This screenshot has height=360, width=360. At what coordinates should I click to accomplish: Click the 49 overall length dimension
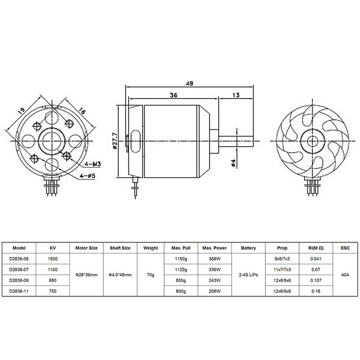coord(189,83)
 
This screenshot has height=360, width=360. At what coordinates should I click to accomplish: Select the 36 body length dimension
coord(173,95)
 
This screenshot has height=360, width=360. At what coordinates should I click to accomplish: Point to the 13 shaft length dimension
coord(236,95)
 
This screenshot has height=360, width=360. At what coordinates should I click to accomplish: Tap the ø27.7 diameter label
coord(115,141)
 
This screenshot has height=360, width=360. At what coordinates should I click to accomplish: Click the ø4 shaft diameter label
coord(233,163)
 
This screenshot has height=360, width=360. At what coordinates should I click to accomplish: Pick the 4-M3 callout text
coord(92,164)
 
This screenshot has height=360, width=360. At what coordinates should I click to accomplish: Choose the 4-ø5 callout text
coord(87,176)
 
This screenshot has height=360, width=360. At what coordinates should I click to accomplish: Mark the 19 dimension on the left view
coord(21,111)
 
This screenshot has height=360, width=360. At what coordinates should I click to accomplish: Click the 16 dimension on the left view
coord(82,111)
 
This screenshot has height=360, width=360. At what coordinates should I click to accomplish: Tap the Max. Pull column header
coord(181,248)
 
